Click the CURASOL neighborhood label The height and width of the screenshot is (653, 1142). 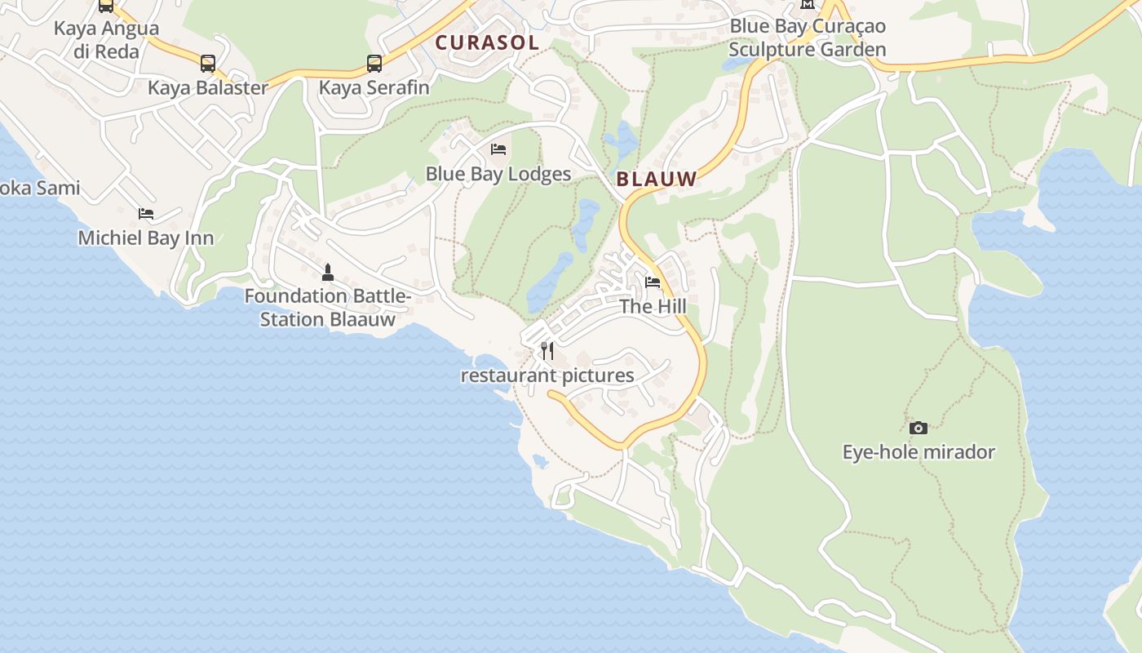tap(487, 42)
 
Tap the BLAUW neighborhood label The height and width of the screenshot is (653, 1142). tap(657, 179)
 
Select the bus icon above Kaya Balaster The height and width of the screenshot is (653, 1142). tap(208, 64)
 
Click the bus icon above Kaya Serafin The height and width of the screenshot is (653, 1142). tap(374, 63)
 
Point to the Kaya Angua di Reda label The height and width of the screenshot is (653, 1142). tap(106, 40)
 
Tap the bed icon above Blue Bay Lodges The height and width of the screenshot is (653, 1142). tap(498, 149)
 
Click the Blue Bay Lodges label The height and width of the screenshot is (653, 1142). tap(498, 174)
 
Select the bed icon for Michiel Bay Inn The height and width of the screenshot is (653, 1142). tap(146, 214)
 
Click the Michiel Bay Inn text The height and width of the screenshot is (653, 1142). tap(146, 238)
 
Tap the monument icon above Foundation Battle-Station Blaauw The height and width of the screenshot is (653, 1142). tap(328, 272)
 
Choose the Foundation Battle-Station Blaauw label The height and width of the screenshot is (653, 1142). tap(328, 308)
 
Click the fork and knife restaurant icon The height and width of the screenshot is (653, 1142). tap(547, 351)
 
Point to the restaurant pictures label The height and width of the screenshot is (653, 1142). tap(547, 375)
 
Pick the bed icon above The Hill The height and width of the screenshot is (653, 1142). tap(653, 282)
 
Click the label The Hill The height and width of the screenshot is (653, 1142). tap(653, 307)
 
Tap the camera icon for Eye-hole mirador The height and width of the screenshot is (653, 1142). tap(918, 428)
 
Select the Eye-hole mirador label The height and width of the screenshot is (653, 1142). tap(918, 452)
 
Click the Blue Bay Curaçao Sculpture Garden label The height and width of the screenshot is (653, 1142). tap(808, 38)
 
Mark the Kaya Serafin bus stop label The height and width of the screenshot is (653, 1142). tap(374, 87)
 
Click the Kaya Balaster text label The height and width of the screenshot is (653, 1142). tap(208, 88)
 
